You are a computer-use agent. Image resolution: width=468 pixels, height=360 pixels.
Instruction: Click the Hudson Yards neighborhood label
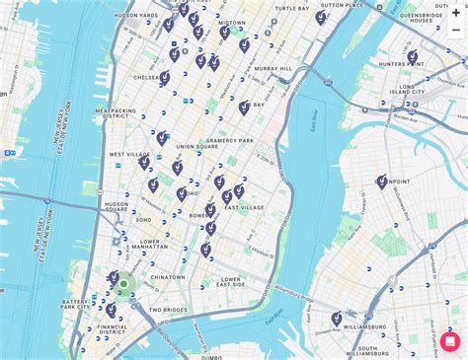coord(136,16)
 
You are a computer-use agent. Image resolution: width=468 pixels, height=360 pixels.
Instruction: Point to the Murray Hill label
coord(273,69)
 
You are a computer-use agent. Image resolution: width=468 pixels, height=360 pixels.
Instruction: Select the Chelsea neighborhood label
coord(147,77)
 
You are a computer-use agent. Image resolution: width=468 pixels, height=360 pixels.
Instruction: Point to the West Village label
coord(128,155)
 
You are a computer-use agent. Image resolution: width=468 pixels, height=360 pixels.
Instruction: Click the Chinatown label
coord(167,277)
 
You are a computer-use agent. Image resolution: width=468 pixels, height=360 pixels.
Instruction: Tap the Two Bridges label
coord(168,310)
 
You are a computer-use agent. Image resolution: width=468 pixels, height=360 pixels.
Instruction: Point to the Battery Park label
coord(76,305)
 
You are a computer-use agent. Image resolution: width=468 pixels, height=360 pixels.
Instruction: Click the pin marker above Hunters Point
coord(412,56)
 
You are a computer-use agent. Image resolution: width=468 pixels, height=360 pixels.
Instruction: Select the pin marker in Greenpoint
coord(382,181)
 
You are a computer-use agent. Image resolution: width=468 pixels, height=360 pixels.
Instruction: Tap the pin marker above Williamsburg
coord(337,318)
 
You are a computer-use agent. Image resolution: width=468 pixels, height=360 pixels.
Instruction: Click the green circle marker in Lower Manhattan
coord(123,285)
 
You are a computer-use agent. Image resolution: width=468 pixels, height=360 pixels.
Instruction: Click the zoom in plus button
coord(456,9)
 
